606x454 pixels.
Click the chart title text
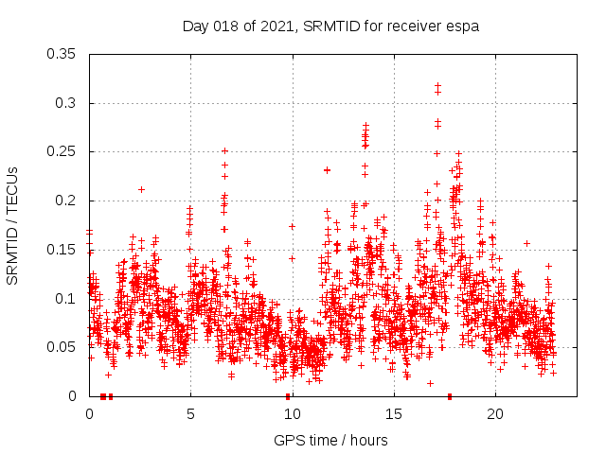point(330,26)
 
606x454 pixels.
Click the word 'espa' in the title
point(463,26)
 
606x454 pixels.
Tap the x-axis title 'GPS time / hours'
point(330,440)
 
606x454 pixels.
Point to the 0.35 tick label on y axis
point(62,54)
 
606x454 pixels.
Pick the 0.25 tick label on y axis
point(62,151)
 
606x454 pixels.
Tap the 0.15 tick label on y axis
point(62,250)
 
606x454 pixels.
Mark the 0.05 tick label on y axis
point(62,347)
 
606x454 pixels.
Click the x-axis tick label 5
point(190,414)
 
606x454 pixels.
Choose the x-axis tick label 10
point(292,414)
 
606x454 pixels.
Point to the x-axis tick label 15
point(393,414)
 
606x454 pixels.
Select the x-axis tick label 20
point(494,414)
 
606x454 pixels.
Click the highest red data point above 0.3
point(437,86)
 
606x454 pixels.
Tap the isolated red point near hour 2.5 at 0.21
point(141,189)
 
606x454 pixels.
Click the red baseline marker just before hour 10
point(287,396)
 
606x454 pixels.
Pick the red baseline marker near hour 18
point(450,396)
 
